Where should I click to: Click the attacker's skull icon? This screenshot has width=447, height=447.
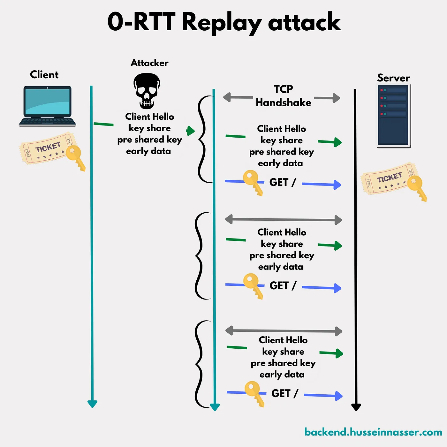pyautogui.click(x=147, y=91)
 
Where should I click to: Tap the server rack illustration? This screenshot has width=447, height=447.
pyautogui.click(x=394, y=116)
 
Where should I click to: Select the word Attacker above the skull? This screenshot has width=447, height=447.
pyautogui.click(x=149, y=63)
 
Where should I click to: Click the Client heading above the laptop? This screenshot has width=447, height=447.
pyautogui.click(x=44, y=75)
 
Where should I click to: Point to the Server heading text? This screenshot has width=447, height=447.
pyautogui.click(x=393, y=78)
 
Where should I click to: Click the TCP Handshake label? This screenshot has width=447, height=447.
pyautogui.click(x=283, y=96)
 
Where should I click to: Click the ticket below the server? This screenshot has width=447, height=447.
pyautogui.click(x=388, y=179)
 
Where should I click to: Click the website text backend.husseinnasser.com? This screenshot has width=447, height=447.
pyautogui.click(x=373, y=432)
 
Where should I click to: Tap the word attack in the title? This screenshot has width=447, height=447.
pyautogui.click(x=304, y=22)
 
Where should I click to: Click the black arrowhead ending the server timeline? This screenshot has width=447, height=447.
pyautogui.click(x=356, y=407)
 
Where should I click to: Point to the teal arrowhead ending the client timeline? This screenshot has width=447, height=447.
pyautogui.click(x=92, y=404)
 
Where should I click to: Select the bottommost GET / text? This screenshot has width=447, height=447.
pyautogui.click(x=284, y=393)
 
